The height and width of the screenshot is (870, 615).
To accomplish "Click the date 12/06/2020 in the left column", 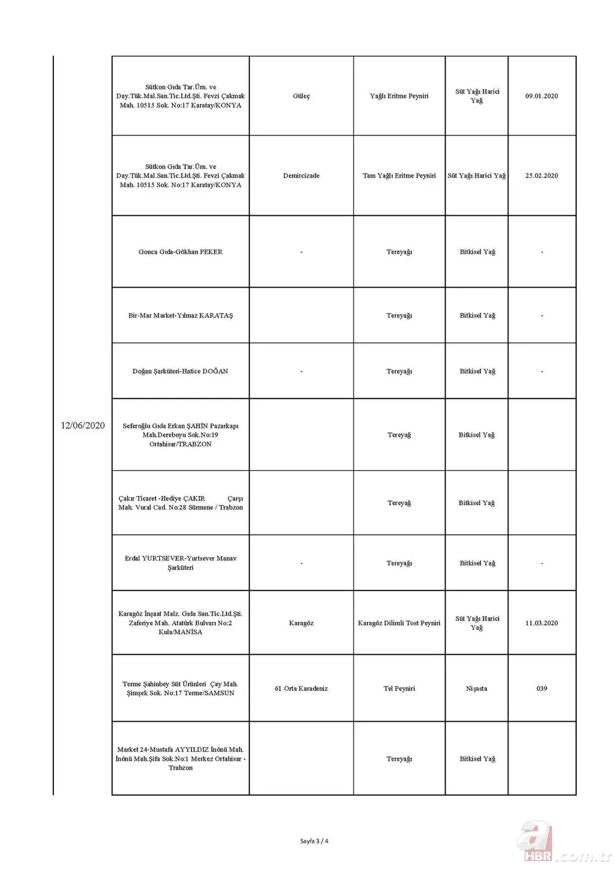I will click(x=82, y=425).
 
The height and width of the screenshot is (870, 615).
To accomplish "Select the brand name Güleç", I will click(x=301, y=96).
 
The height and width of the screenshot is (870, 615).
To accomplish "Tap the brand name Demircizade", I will click(x=301, y=176).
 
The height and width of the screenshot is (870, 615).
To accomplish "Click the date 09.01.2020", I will click(x=541, y=96).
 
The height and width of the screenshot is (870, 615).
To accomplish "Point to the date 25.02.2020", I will click(x=541, y=176).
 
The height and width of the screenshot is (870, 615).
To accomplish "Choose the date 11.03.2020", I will click(x=541, y=623).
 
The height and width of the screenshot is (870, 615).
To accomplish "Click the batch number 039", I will click(x=541, y=688).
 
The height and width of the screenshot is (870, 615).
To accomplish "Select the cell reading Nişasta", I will click(x=476, y=688).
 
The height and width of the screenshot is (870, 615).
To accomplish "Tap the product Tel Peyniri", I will click(x=399, y=688).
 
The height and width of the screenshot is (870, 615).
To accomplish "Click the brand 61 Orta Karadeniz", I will click(x=301, y=688).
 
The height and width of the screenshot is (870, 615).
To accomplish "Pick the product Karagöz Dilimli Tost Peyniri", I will click(x=399, y=623).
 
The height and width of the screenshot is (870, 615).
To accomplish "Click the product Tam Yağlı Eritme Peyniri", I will click(x=399, y=176).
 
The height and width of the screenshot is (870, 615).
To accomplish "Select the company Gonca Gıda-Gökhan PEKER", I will click(x=180, y=252).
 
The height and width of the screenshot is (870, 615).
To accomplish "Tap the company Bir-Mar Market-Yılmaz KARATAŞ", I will click(x=180, y=315).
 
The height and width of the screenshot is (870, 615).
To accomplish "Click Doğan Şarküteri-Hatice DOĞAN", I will click(x=180, y=371).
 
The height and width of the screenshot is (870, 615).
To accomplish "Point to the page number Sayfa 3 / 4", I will click(x=314, y=841).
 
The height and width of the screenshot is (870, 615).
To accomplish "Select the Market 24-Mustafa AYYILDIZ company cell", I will click(x=180, y=759).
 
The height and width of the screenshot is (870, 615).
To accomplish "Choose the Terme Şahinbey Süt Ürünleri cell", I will click(x=180, y=688).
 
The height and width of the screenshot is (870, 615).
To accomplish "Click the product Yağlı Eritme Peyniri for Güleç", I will click(x=399, y=96).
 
